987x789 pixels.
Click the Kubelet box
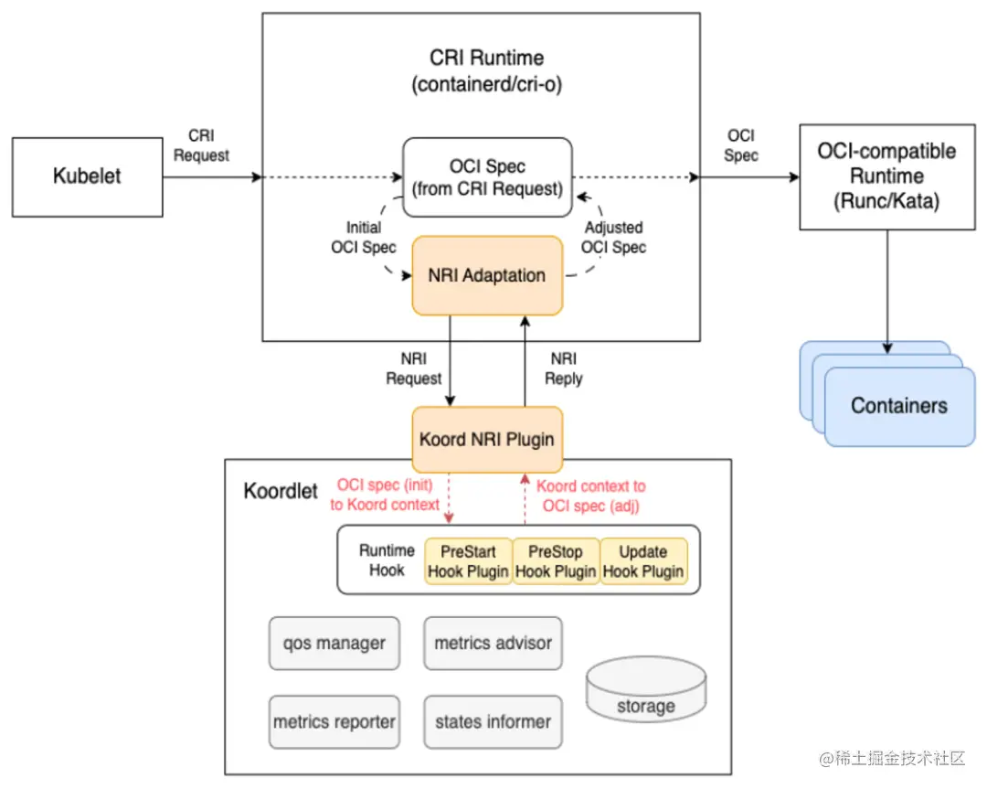[87, 176]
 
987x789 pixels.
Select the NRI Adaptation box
[487, 275]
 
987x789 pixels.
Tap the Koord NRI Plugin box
[487, 439]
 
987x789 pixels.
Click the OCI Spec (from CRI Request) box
[487, 177]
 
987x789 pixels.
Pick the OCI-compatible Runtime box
[886, 176]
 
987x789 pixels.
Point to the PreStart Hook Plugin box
[468, 562]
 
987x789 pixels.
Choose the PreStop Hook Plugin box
[556, 562]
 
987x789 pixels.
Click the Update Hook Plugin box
[643, 562]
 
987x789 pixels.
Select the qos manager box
[334, 644]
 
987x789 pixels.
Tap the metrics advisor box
[493, 644]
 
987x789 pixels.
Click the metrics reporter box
[334, 722]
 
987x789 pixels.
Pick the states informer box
[493, 722]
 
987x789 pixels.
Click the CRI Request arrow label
[201, 145]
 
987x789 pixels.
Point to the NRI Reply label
[563, 368]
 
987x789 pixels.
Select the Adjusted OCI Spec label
[613, 237]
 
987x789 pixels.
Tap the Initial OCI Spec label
[364, 237]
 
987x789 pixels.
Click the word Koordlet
[281, 491]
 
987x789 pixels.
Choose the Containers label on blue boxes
[899, 406]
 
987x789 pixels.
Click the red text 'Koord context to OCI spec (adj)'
[590, 496]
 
